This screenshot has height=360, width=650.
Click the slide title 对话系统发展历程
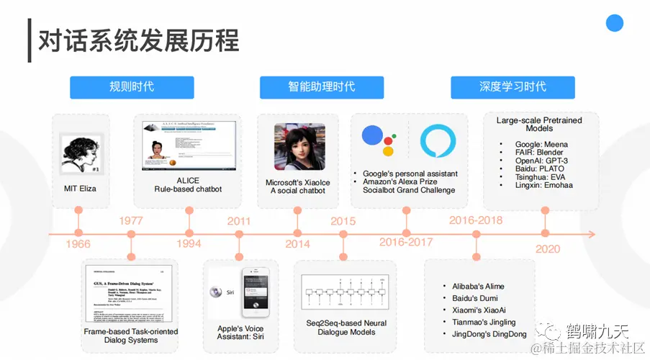tap(138, 40)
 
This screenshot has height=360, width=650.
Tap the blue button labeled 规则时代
tap(132, 87)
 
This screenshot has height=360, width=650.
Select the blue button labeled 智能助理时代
tap(322, 87)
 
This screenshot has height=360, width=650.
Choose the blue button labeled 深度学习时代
tap(513, 87)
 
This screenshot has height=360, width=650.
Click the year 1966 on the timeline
tap(78, 245)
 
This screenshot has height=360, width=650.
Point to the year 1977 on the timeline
tap(131, 220)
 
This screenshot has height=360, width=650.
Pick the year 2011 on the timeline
tap(239, 220)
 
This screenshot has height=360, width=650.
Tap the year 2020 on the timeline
tap(548, 249)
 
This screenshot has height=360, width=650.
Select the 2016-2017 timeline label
tap(406, 243)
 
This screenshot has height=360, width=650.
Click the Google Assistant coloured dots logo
tap(378, 140)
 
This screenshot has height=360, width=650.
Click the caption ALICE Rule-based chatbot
tap(188, 185)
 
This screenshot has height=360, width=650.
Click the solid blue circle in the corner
tap(614, 23)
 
